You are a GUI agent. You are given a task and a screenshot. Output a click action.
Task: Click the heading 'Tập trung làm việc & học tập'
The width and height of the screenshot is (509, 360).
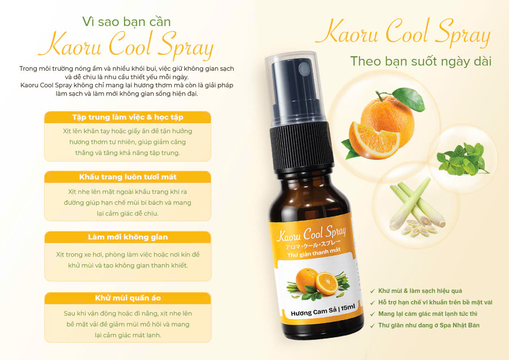click(128, 117)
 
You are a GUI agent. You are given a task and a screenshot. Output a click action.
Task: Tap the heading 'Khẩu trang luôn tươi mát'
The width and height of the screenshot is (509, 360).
click(128, 177)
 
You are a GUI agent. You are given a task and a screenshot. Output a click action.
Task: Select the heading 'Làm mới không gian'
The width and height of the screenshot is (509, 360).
click(128, 237)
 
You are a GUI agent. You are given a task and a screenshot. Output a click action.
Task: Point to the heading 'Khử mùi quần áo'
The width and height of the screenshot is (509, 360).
click(128, 298)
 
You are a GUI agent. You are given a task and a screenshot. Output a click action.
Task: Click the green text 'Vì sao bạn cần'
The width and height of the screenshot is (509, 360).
click(126, 22)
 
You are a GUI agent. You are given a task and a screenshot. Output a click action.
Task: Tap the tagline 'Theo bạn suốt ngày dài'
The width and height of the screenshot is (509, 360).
click(421, 61)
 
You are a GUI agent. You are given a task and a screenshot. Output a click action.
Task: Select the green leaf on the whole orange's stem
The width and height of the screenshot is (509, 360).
click(409, 99)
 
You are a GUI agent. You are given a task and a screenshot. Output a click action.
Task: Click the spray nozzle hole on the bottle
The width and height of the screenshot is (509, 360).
click(304, 68)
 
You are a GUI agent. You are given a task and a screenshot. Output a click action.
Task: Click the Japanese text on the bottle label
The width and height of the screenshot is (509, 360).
click(313, 245)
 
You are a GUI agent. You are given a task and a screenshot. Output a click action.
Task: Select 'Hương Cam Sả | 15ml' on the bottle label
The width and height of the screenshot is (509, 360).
click(322, 310)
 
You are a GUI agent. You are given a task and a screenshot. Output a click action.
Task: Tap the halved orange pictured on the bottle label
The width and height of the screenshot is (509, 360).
click(326, 284)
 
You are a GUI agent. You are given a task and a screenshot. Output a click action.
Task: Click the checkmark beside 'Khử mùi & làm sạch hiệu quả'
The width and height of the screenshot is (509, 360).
click(373, 291)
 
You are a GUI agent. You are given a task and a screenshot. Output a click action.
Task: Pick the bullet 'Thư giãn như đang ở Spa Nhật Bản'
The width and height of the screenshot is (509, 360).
click(429, 325)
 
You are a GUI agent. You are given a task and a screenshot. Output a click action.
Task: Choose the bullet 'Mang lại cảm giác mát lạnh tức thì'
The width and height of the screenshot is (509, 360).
click(427, 313)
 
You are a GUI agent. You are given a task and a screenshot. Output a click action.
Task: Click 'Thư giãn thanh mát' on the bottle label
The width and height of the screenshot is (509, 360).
click(314, 253)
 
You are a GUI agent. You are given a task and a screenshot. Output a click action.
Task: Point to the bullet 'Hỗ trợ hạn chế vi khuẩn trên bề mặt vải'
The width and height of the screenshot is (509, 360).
click(435, 302)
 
